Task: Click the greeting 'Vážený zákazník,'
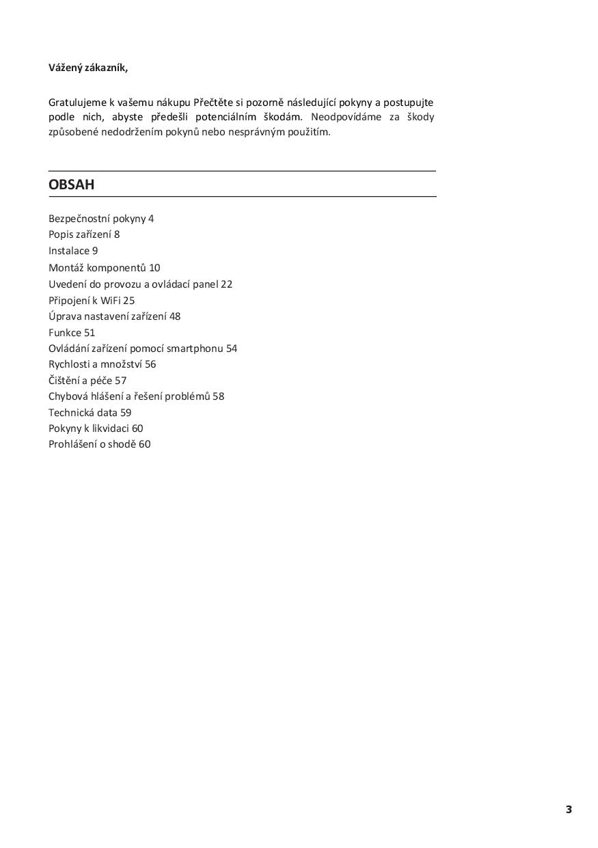tap(87, 67)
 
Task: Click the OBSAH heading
tap(71, 184)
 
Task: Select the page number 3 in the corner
tap(569, 810)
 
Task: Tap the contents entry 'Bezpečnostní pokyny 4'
tap(101, 219)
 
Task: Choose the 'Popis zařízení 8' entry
tap(84, 234)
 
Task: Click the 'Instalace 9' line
tap(73, 251)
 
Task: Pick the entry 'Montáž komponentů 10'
tap(104, 268)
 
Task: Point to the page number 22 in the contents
tap(227, 284)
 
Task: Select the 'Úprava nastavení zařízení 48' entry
tap(114, 316)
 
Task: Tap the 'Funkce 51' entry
tap(72, 333)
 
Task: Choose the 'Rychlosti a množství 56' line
tap(102, 364)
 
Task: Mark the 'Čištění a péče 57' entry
tap(87, 381)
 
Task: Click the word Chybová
tap(67, 396)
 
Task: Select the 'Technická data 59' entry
tap(90, 413)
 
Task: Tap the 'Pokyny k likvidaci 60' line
tap(96, 428)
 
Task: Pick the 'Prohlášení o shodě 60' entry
tap(99, 444)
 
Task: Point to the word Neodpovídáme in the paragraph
tap(344, 117)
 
